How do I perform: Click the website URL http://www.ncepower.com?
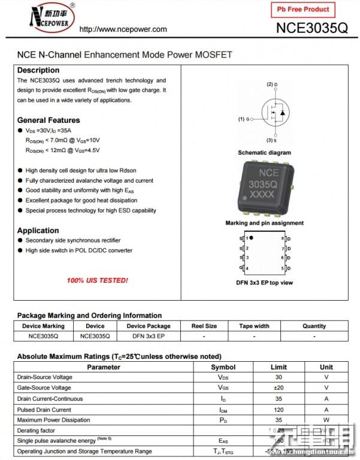[x=123, y=29]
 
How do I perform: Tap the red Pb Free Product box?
[x=302, y=10]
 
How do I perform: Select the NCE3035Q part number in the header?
[x=311, y=28]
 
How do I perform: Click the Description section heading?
[x=38, y=70]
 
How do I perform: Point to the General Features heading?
[x=49, y=120]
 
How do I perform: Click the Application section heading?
[x=38, y=231]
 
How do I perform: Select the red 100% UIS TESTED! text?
[x=97, y=280]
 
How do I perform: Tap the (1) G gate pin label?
[x=244, y=119]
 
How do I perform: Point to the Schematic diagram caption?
[x=264, y=153]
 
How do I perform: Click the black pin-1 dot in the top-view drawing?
[x=252, y=238]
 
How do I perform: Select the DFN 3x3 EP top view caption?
[x=264, y=283]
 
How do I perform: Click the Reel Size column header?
[x=204, y=326]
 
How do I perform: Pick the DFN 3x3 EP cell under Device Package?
[x=149, y=337]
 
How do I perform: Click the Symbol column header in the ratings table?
[x=223, y=367]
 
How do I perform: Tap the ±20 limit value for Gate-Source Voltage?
[x=279, y=388]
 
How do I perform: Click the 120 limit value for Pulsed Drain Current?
[x=279, y=410]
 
